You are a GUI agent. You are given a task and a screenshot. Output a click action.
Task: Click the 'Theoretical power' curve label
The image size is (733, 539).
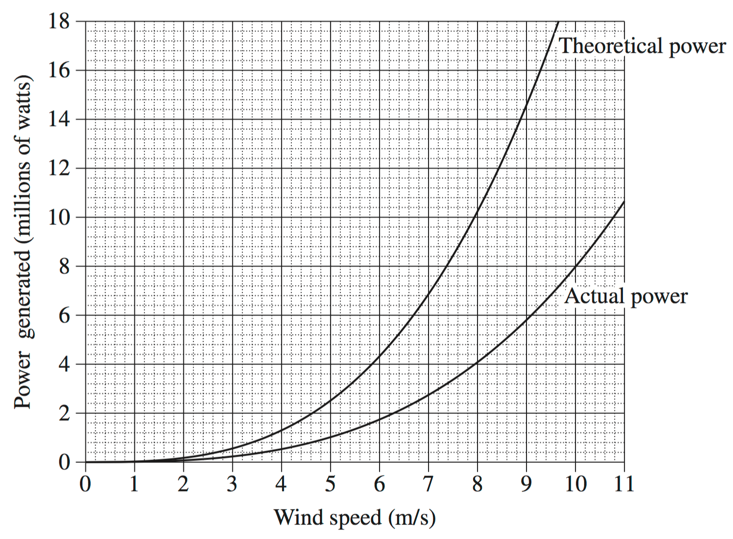coord(642,46)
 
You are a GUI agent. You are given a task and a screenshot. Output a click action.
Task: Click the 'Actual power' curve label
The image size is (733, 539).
coord(626,296)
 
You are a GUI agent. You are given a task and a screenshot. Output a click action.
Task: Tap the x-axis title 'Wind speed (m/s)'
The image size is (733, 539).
coord(354,518)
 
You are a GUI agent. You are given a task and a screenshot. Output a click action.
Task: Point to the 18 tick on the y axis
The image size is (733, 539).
coord(59,21)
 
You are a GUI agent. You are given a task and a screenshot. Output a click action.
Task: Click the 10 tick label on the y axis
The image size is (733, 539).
coord(59,217)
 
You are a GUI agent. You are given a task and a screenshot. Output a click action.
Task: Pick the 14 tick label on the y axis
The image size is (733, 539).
coord(59,119)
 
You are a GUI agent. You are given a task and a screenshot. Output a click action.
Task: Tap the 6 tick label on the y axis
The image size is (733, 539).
coord(64,316)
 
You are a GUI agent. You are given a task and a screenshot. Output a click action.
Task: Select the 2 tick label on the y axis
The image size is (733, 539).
coord(64,413)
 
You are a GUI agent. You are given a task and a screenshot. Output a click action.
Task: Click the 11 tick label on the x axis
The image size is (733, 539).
coord(624,484)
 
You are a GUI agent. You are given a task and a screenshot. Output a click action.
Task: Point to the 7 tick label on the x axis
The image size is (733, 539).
coord(428,484)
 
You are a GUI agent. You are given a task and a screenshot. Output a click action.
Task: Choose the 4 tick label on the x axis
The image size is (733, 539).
coord(281,484)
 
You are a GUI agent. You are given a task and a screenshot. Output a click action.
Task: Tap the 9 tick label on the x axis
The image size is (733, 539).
coord(526,484)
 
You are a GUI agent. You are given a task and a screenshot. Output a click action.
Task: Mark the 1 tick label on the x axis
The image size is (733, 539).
coord(134,484)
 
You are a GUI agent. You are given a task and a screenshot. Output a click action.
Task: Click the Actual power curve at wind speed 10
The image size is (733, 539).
coord(575,266)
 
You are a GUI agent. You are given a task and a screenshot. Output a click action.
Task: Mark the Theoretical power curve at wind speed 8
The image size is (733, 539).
coord(477,211)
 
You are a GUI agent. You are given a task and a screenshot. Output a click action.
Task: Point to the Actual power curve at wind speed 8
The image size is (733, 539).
coord(477,362)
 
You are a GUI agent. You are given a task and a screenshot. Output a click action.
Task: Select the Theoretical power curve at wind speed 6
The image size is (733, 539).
coord(379,356)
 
